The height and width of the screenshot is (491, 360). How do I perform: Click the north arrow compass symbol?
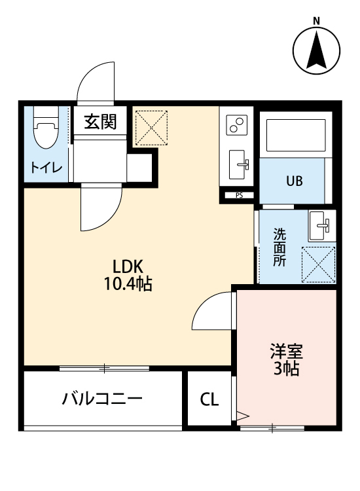(317, 51)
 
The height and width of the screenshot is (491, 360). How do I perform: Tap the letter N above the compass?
(317, 20)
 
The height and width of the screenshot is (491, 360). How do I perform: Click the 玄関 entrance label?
(100, 121)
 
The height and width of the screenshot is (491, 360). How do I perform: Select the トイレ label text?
(45, 168)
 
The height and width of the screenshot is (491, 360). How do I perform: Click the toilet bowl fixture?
(45, 130)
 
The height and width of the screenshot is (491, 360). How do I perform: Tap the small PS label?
(239, 194)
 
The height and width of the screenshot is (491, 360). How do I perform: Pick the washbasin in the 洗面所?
(321, 225)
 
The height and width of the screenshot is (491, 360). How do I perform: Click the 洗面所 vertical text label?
(279, 246)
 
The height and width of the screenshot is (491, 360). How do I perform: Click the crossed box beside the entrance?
(151, 128)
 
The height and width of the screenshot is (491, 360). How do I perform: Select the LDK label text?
(128, 266)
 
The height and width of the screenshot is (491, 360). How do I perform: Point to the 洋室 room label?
(286, 350)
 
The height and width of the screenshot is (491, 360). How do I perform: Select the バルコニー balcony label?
(102, 398)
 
